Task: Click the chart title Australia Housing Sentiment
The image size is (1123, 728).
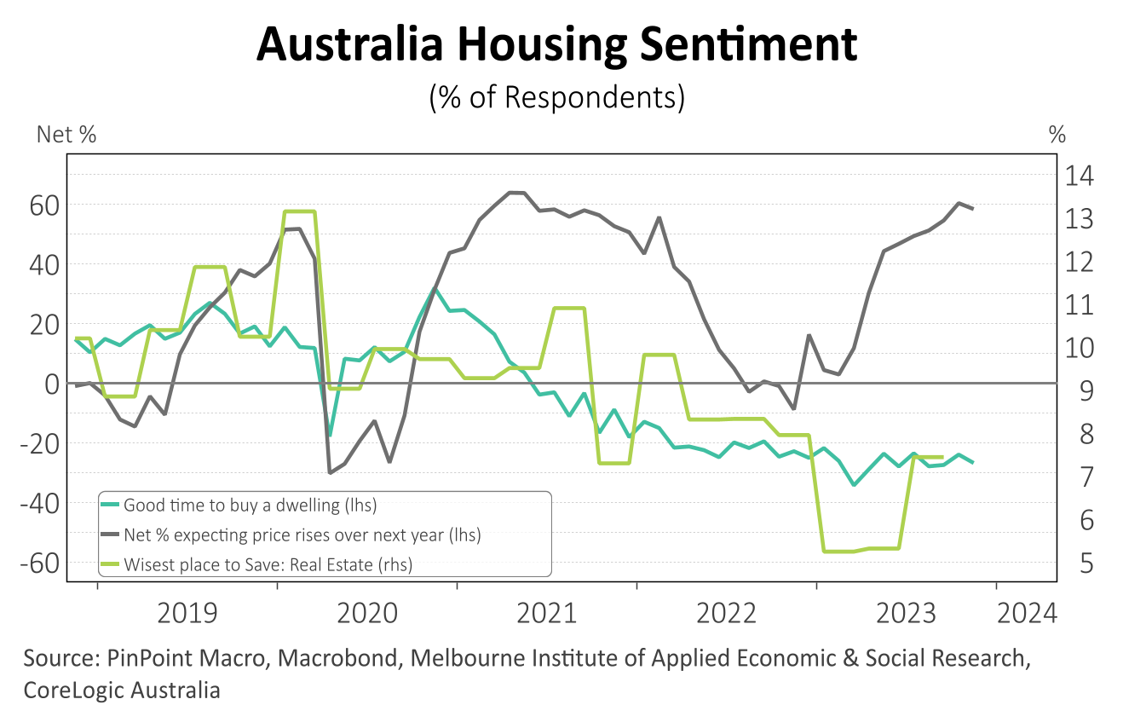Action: (556, 44)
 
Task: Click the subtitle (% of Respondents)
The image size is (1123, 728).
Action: (557, 96)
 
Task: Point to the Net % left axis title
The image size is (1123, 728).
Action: (66, 135)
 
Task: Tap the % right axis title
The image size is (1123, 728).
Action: (1057, 135)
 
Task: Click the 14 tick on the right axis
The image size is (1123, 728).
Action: (1079, 177)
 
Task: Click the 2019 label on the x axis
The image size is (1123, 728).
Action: (187, 613)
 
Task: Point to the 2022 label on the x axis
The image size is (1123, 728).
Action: (726, 613)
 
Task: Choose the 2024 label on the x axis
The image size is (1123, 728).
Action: (1027, 613)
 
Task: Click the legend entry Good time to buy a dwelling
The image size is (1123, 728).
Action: (250, 505)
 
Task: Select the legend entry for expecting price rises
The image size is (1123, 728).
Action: (302, 534)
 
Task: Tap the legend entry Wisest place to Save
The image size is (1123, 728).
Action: (268, 563)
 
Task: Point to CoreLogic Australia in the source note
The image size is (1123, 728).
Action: (122, 690)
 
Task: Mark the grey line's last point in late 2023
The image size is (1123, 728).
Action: (973, 209)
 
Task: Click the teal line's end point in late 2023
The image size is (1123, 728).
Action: (973, 462)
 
